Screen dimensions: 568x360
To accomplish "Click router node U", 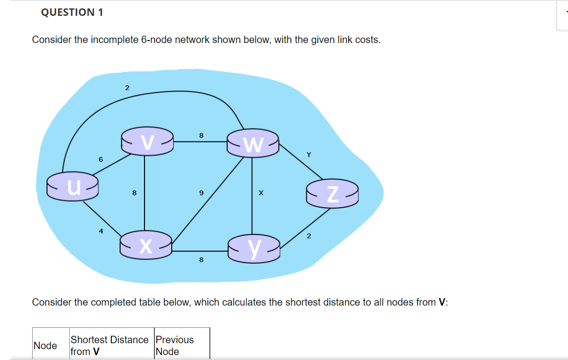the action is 73,186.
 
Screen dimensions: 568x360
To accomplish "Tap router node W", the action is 253,143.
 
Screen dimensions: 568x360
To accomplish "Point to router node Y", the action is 254,247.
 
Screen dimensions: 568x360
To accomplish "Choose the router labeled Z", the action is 331,193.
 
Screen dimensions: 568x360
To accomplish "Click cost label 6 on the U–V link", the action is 100,159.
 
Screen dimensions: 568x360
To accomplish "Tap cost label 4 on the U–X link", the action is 100,230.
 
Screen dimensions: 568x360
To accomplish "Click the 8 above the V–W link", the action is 201,135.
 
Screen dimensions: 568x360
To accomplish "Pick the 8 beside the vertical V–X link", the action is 134,193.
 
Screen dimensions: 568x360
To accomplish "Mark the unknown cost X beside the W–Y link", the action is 260,193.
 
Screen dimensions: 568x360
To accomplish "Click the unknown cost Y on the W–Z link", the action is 309,155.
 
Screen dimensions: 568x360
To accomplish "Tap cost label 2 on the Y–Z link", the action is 308,236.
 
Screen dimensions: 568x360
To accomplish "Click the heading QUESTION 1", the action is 72,12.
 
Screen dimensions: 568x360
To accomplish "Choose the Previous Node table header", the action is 175,346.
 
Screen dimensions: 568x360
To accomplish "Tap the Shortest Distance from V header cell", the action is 109,346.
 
